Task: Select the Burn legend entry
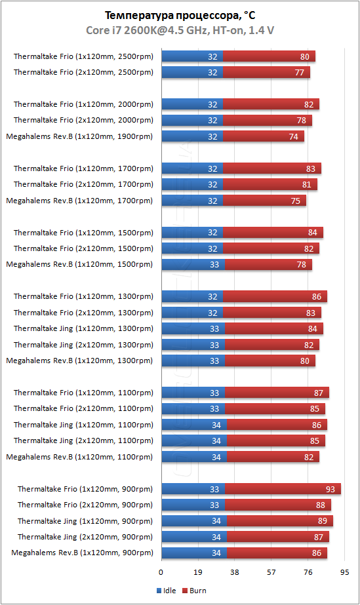click(x=194, y=591)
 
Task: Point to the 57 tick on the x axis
click(x=271, y=572)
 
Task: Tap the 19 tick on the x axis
click(x=197, y=572)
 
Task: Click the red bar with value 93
click(x=283, y=489)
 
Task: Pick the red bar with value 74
click(x=264, y=136)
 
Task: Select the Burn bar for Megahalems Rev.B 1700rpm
click(x=265, y=201)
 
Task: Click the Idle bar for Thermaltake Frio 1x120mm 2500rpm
click(x=191, y=56)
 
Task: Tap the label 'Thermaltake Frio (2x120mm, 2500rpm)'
click(x=83, y=72)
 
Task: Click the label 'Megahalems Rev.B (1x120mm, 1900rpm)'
click(x=79, y=136)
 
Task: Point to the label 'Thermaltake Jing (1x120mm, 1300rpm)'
click(x=83, y=328)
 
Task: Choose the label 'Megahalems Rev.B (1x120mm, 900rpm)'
click(x=81, y=553)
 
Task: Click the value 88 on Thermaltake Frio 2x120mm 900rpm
click(x=320, y=505)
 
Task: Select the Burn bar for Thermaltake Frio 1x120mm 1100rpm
click(x=277, y=393)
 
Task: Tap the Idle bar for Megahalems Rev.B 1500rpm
click(x=193, y=264)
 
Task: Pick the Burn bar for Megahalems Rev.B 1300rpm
click(x=270, y=361)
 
